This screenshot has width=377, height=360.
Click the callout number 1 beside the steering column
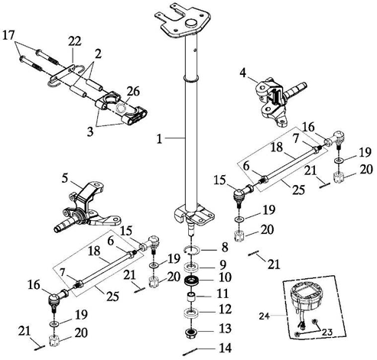coord(159,139)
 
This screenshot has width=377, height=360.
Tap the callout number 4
coord(243,73)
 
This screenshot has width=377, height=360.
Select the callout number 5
coord(65,178)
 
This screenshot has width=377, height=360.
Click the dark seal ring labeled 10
coord(193,280)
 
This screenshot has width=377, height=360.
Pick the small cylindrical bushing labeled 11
coord(192,297)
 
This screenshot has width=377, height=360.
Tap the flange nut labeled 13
coord(190,332)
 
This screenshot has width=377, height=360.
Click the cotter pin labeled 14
coord(190,352)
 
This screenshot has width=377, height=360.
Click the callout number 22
coord(74,41)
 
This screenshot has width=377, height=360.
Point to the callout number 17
coord(8,35)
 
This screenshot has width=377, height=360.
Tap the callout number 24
coord(265,316)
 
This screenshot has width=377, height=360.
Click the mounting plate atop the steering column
coord(183,21)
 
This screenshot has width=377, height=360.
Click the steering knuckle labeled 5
coord(88,206)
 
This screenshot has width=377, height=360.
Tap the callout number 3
coord(90,132)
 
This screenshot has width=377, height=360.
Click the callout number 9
coord(223,265)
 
